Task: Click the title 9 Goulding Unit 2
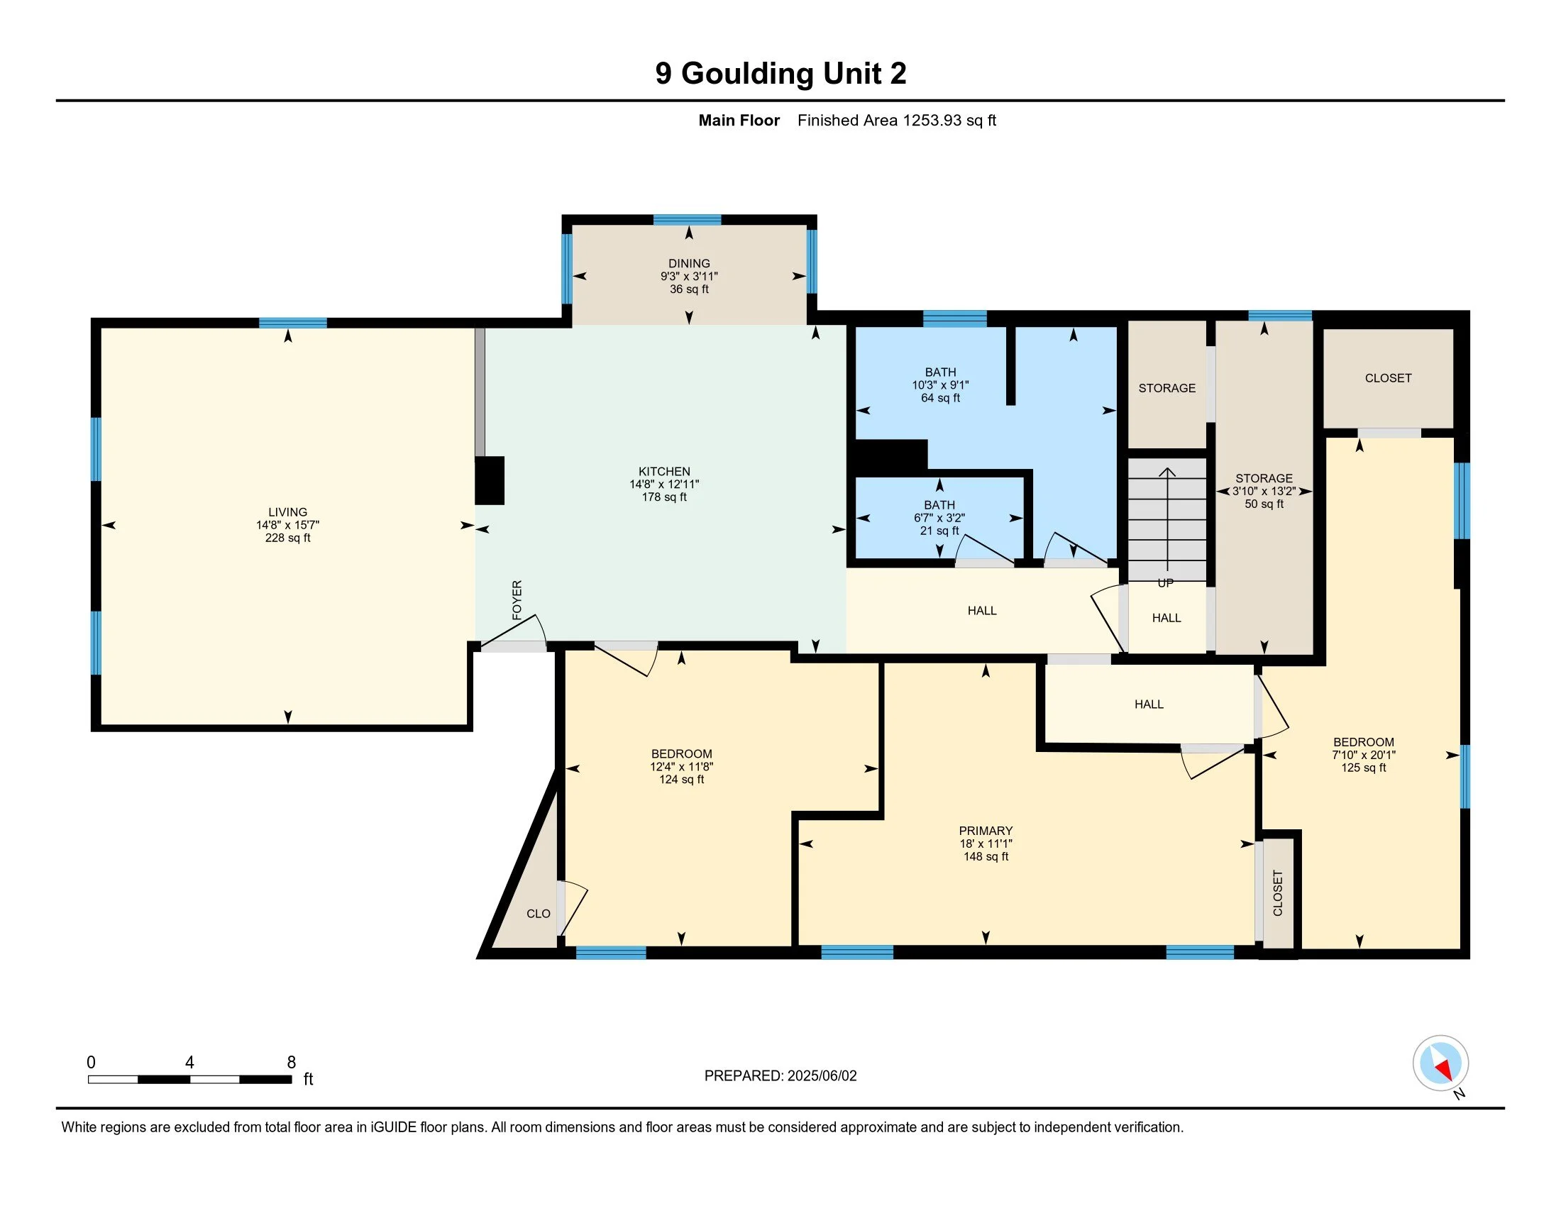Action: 780,74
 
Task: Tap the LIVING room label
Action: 288,512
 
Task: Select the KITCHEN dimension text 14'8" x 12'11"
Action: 664,485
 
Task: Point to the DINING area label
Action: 689,264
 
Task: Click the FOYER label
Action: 517,599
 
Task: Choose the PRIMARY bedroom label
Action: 986,831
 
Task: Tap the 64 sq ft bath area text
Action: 941,398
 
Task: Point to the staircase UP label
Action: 1166,583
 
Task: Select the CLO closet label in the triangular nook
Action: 539,914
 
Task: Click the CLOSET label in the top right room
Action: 1388,378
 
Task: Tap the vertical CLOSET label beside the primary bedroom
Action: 1278,893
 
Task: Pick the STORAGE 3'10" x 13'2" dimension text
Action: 1264,492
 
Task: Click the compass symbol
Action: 1441,1063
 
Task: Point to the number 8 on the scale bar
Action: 292,1063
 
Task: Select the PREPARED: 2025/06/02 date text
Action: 780,1076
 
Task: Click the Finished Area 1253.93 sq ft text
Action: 897,121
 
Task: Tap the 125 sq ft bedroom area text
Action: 1364,768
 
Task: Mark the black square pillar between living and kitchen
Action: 490,481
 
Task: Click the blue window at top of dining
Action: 687,220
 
